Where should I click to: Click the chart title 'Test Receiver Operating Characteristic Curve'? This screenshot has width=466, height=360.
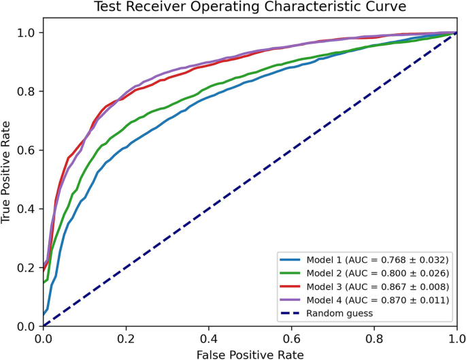[250, 9]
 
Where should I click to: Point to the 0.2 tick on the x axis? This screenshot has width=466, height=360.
[126, 338]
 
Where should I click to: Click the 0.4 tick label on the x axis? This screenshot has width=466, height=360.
[209, 338]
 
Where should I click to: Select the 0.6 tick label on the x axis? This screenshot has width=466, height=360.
[291, 338]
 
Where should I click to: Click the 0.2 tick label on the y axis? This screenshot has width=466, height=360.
[27, 267]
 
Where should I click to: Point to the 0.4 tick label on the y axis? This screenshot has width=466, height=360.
[27, 209]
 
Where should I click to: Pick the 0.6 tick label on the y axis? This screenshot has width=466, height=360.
[27, 150]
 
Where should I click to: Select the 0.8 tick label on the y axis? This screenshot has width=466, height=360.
[27, 91]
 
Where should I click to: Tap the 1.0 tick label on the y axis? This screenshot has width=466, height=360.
[27, 33]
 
